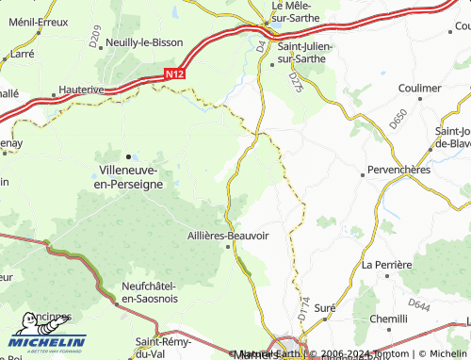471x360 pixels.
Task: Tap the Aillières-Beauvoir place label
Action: tap(228, 237)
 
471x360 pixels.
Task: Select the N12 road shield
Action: tap(171, 73)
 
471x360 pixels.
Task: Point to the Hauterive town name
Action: tap(80, 89)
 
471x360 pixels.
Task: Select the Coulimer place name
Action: tap(419, 88)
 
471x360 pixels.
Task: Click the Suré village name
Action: tap(325, 308)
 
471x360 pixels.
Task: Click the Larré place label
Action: tap(20, 55)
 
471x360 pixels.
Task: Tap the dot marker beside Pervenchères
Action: tap(364, 173)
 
